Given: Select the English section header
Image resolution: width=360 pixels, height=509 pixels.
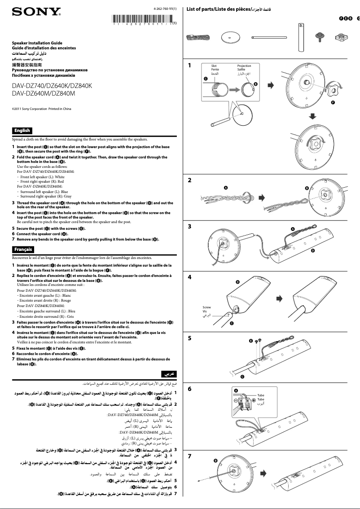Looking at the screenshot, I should coord(22,131).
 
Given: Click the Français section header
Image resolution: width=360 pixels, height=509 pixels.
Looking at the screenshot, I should coord(23,249).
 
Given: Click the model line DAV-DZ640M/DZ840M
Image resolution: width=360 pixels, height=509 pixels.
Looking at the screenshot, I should coord(43,93).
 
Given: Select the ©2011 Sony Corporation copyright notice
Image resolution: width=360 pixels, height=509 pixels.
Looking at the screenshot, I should coord(41,109).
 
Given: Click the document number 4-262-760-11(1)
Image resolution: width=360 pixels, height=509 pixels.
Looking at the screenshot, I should coord(165,9).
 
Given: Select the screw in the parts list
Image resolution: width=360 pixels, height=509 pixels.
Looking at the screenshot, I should coord(320,35).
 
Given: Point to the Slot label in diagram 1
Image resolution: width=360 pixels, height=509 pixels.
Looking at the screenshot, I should coord(214,66).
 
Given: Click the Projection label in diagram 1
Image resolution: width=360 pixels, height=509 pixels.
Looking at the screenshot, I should coord(244,66).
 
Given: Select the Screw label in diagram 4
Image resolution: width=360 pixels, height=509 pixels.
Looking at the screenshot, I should coord(206,307).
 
